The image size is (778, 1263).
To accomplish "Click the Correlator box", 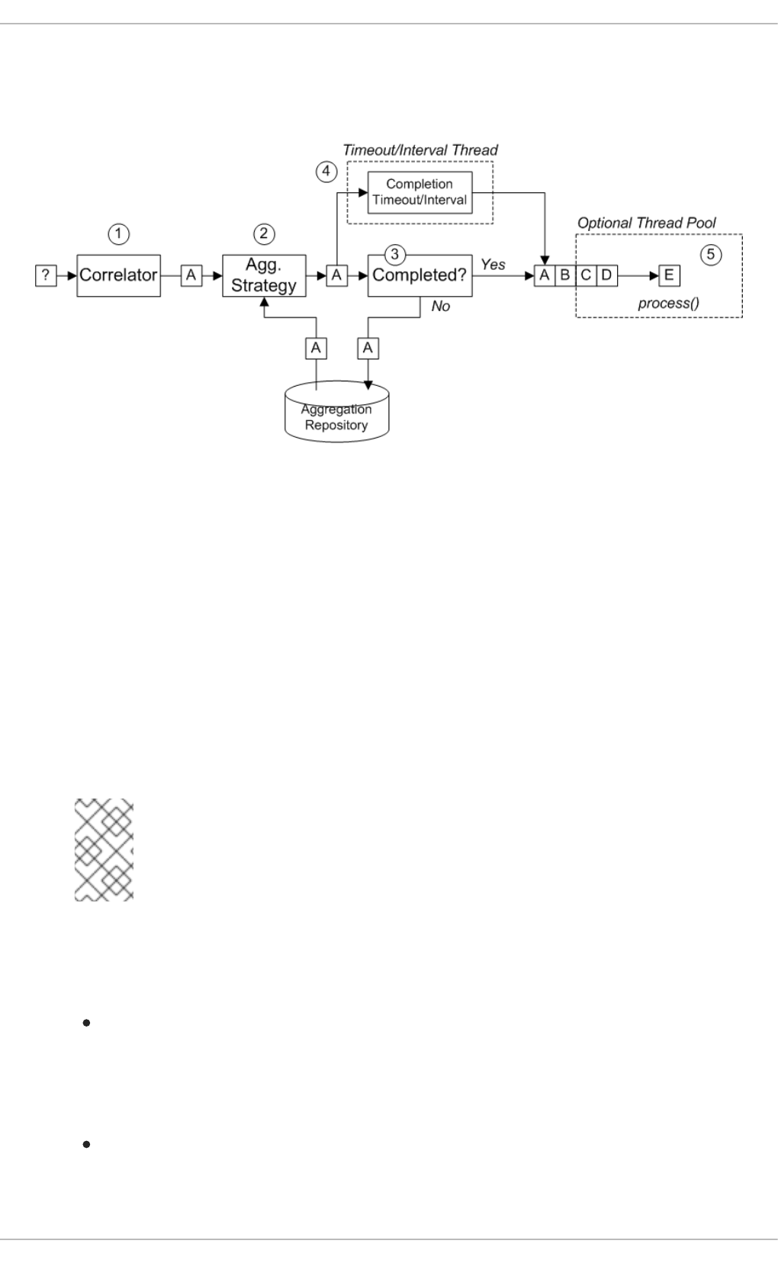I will pyautogui.click(x=118, y=275).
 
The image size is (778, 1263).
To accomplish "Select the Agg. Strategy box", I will pyautogui.click(x=264, y=275).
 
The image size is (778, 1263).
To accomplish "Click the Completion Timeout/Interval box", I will pyautogui.click(x=420, y=192).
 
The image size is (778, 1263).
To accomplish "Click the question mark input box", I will pyautogui.click(x=46, y=275).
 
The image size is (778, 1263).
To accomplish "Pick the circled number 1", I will pyautogui.click(x=118, y=233).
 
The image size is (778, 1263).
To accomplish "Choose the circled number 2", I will pyautogui.click(x=264, y=233).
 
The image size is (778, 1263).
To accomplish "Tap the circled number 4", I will pyautogui.click(x=326, y=171).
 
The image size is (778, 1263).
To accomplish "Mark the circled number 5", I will pyautogui.click(x=711, y=255).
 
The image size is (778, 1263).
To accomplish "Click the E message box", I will pyautogui.click(x=669, y=275).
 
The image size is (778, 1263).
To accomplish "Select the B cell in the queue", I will pyautogui.click(x=565, y=275).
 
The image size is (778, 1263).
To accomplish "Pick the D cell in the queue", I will pyautogui.click(x=606, y=275).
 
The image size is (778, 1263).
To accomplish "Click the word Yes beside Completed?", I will pyautogui.click(x=493, y=265).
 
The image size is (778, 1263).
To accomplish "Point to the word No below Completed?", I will pyautogui.click(x=441, y=306).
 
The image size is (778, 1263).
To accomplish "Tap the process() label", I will pyautogui.click(x=669, y=304).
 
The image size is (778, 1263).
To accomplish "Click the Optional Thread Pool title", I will pyautogui.click(x=647, y=223).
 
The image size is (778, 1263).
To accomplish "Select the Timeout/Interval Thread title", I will pyautogui.click(x=420, y=150).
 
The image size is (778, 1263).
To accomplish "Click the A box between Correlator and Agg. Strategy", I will pyautogui.click(x=191, y=275).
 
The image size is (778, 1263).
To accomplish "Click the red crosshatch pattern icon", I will pyautogui.click(x=104, y=850).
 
